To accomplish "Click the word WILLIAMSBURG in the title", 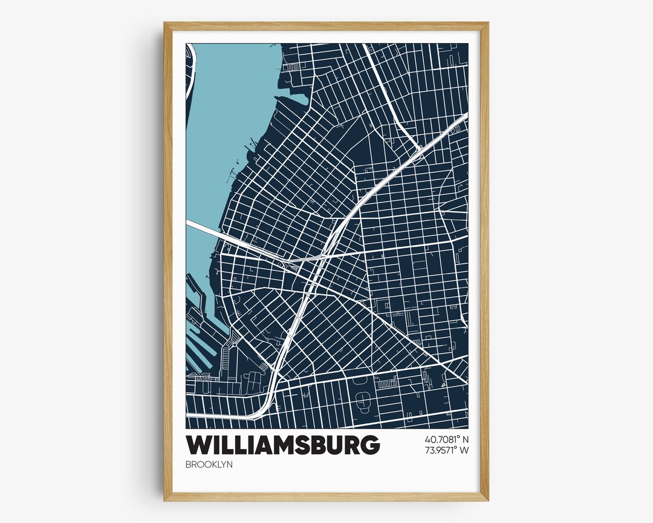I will point(283,445).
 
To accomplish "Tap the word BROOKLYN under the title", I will point(209,464).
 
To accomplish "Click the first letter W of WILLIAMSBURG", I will point(198,445).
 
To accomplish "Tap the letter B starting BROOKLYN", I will point(189,464).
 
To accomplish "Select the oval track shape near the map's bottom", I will point(363,400).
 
